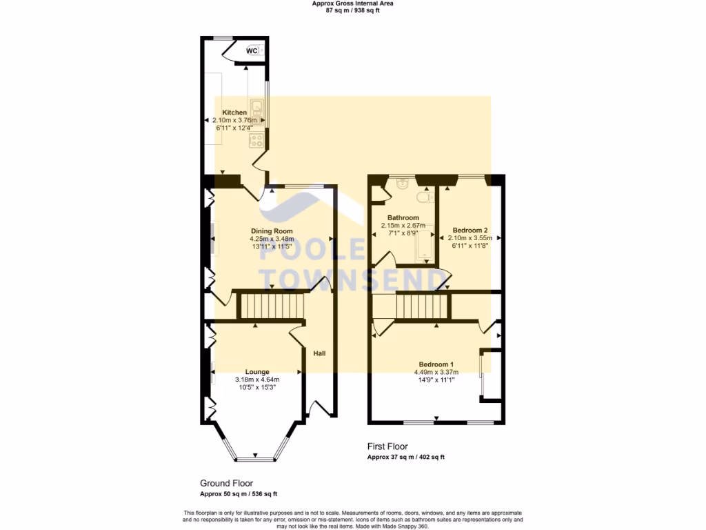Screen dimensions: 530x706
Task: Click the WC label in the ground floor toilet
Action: click(x=252, y=51)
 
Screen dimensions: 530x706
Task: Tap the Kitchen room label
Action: click(x=234, y=112)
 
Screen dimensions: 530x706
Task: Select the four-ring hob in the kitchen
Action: click(x=257, y=140)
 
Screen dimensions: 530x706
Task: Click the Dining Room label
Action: click(x=271, y=231)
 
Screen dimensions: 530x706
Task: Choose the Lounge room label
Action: click(x=257, y=371)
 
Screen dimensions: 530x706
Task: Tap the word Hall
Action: click(x=319, y=353)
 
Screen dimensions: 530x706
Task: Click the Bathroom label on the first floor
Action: click(x=403, y=218)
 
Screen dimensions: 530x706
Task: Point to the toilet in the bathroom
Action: click(x=429, y=197)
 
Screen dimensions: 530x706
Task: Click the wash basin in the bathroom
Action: click(x=403, y=184)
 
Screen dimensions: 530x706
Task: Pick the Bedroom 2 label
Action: click(x=470, y=230)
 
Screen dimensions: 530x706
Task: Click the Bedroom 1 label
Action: click(x=436, y=364)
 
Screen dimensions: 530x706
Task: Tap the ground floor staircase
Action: click(x=271, y=305)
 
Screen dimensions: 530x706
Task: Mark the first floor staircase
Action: click(x=422, y=305)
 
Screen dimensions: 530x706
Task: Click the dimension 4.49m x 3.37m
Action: click(x=436, y=372)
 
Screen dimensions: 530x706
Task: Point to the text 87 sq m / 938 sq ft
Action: click(x=352, y=10)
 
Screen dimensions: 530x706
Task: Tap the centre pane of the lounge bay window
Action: click(x=256, y=459)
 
